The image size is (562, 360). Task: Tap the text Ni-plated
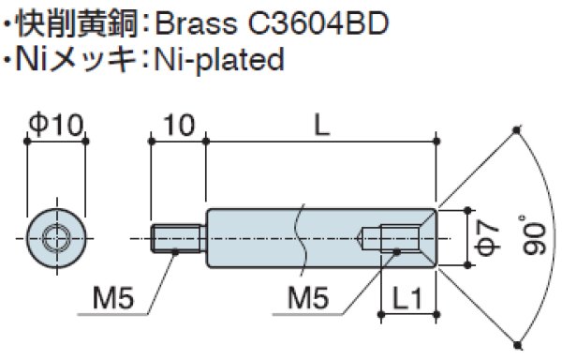point(218,61)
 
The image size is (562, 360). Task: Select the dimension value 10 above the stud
point(177,124)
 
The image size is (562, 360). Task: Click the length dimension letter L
point(321,124)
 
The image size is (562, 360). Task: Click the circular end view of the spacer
point(56,240)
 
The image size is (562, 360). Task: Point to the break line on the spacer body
point(299,240)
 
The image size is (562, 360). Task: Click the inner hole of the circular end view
point(56,240)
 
